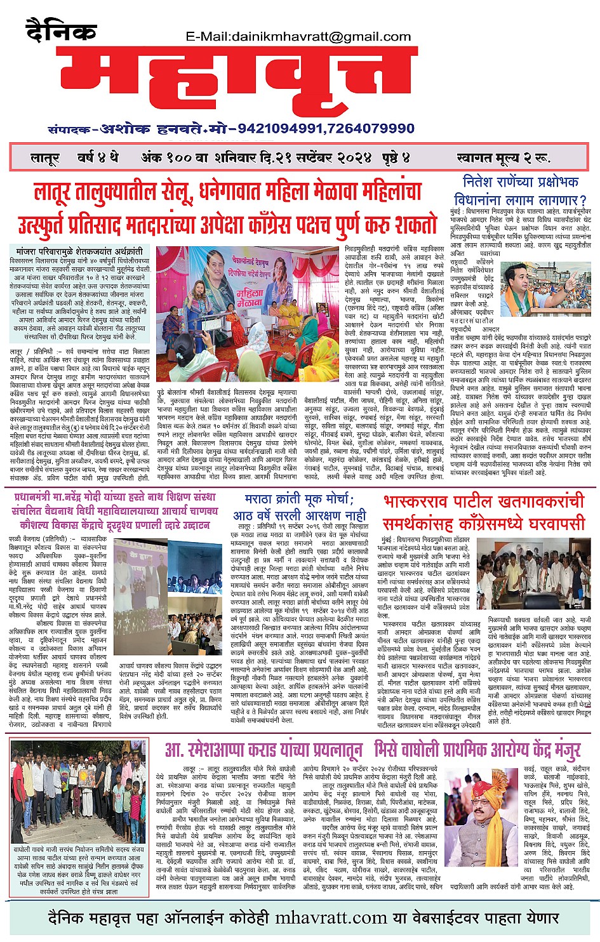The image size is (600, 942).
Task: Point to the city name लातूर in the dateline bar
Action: coord(45,158)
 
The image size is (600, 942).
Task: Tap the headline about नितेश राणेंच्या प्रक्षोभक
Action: coord(521,190)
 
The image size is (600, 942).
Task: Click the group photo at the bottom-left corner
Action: coord(79,792)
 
